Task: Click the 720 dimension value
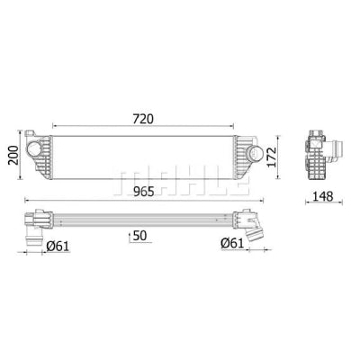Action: click(x=143, y=119)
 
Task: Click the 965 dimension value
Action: click(x=144, y=192)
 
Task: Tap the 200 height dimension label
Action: click(x=13, y=155)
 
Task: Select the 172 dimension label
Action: click(x=273, y=157)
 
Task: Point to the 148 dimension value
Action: click(x=323, y=196)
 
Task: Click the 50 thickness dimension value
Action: click(x=140, y=236)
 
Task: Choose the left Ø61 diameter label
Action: click(x=58, y=247)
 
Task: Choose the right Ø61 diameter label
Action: click(x=232, y=243)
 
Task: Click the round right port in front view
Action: click(x=254, y=153)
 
